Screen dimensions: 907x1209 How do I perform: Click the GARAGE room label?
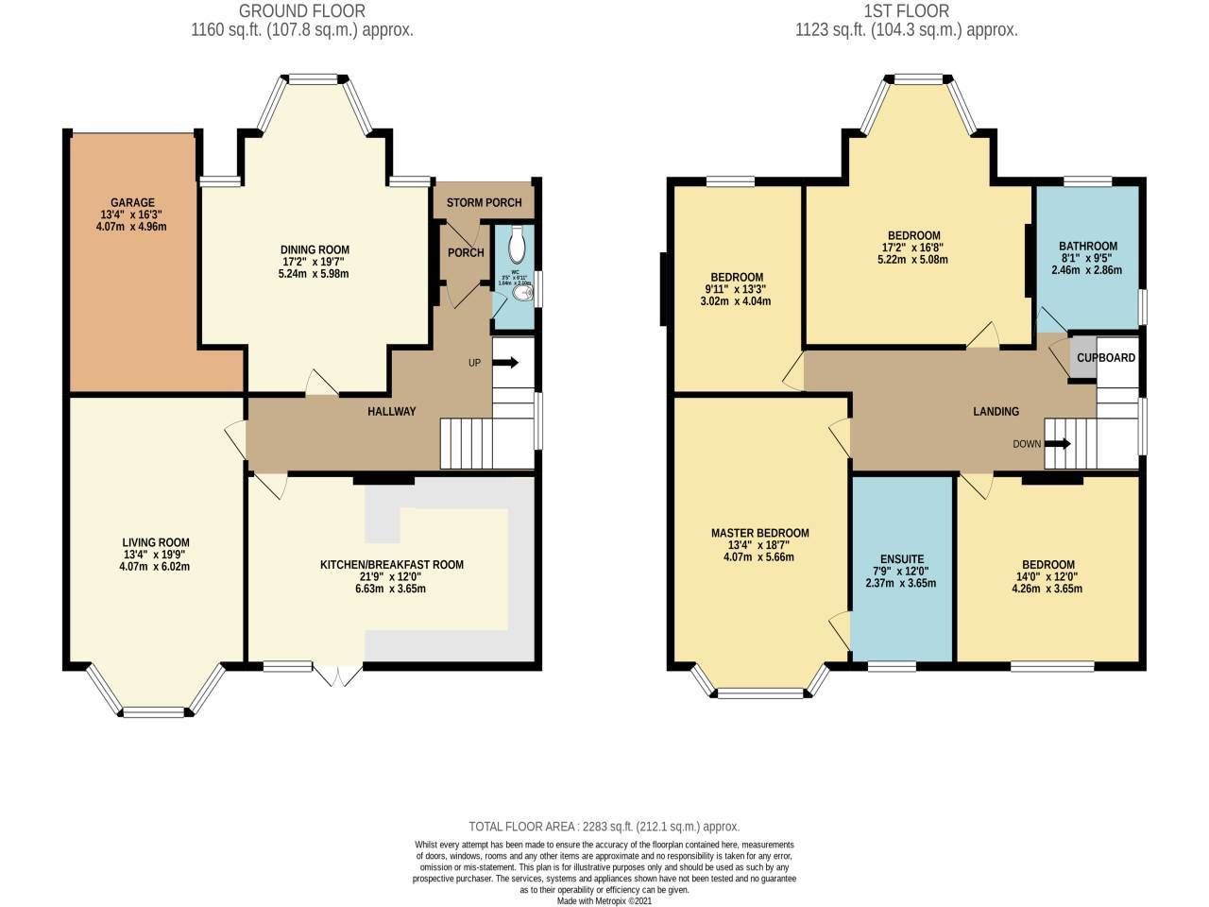pyautogui.click(x=132, y=202)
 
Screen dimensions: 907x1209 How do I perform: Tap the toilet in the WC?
pyautogui.click(x=516, y=246)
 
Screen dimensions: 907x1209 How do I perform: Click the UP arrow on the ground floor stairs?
pyautogui.click(x=505, y=362)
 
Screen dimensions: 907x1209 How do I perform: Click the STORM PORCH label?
pyautogui.click(x=484, y=202)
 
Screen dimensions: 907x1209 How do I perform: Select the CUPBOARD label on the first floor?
pyautogui.click(x=1106, y=358)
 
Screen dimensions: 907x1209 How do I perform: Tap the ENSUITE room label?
pyautogui.click(x=901, y=558)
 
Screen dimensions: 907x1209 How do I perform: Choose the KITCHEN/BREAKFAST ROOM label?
pyautogui.click(x=392, y=565)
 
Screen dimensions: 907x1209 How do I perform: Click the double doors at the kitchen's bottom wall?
pyautogui.click(x=338, y=675)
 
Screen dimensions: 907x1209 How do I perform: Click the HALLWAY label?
pyautogui.click(x=392, y=411)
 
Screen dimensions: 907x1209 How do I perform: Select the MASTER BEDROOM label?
pyautogui.click(x=759, y=533)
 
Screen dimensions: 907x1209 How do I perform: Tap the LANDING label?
pyautogui.click(x=996, y=411)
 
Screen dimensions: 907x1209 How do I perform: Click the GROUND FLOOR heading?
pyautogui.click(x=301, y=11)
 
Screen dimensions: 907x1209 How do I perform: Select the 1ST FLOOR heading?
pyautogui.click(x=906, y=11)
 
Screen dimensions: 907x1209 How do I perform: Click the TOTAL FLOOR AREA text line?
pyautogui.click(x=604, y=826)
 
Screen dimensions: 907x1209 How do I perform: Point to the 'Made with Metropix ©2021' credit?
pyautogui.click(x=604, y=900)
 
